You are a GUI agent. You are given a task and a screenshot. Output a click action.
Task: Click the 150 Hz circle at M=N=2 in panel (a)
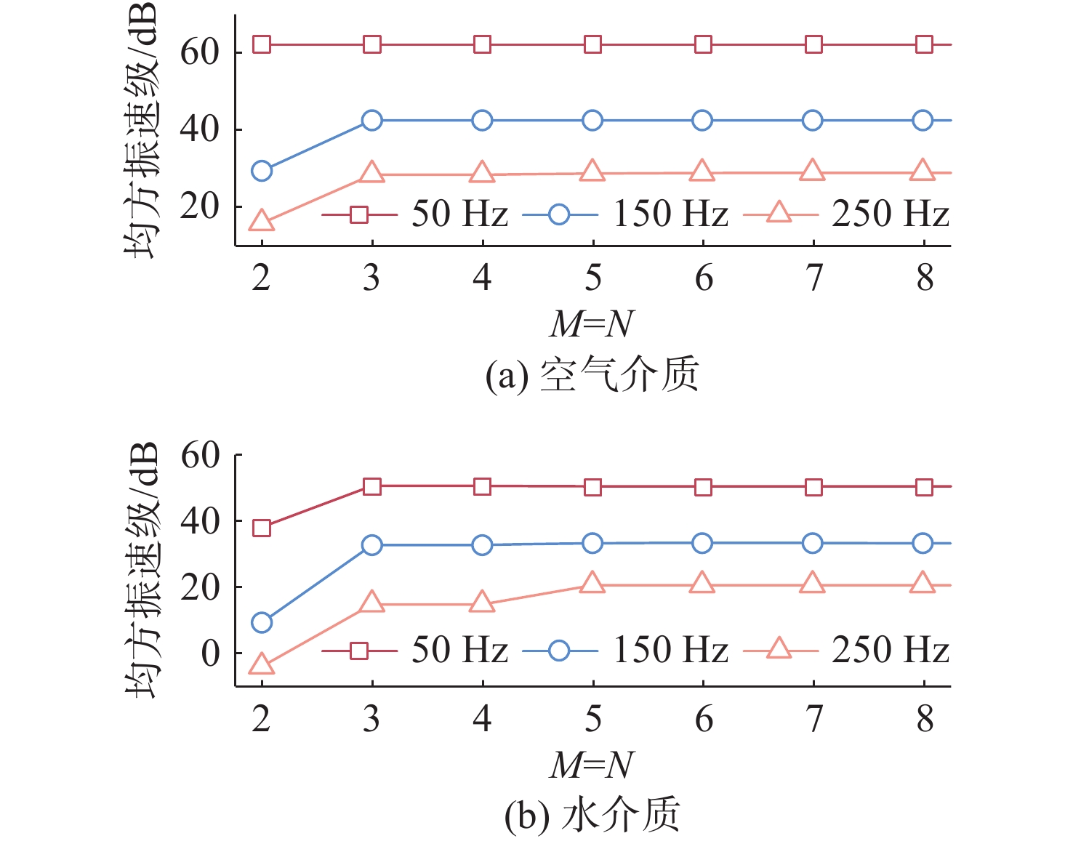point(262,172)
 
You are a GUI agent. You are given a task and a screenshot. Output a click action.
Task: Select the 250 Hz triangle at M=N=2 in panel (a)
point(262,221)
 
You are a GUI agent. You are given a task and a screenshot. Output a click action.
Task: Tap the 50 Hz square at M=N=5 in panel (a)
point(593,44)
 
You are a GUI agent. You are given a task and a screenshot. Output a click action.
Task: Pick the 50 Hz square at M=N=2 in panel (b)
point(262,528)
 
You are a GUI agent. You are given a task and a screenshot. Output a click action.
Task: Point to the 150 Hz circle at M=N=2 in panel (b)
point(262,622)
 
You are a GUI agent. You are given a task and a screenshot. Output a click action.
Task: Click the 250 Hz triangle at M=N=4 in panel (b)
point(482,603)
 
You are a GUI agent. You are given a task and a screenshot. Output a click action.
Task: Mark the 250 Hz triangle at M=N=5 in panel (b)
point(593,583)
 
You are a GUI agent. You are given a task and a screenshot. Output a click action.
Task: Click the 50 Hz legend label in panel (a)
point(459,214)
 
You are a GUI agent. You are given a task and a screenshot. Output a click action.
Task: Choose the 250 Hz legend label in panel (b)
point(891,650)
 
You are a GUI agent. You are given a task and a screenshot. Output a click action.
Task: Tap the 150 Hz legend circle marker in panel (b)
point(559,650)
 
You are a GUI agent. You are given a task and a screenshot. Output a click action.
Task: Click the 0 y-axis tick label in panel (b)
point(210,653)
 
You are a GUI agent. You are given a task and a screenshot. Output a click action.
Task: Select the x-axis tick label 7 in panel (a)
point(814,278)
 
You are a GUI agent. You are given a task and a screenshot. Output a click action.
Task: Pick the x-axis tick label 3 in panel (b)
point(371,718)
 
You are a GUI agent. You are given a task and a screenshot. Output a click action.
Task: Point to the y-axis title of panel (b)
point(141,570)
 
